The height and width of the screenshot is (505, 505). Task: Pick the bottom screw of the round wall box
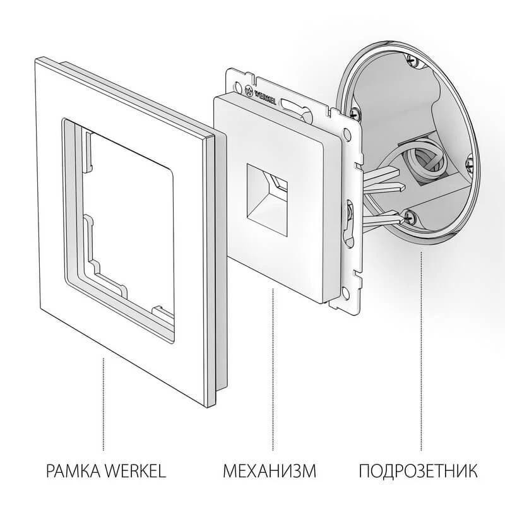coord(410,216)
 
